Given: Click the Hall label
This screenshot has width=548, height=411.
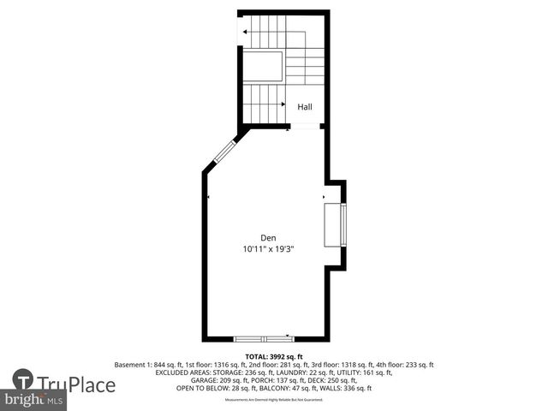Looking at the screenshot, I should coord(305,107).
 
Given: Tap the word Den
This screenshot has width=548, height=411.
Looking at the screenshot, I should coord(268,238).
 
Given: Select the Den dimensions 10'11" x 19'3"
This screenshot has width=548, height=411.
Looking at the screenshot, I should coord(268,249).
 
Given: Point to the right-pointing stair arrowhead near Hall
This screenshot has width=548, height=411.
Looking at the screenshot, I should coord(283,104).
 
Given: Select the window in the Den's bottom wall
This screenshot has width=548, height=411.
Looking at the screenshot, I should coord(264,338).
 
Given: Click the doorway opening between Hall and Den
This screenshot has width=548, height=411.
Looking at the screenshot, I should coord(302,128).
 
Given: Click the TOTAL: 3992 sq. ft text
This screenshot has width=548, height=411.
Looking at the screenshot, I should coord(274,356).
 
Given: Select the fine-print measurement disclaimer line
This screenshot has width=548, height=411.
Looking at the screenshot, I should coord(274,400).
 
